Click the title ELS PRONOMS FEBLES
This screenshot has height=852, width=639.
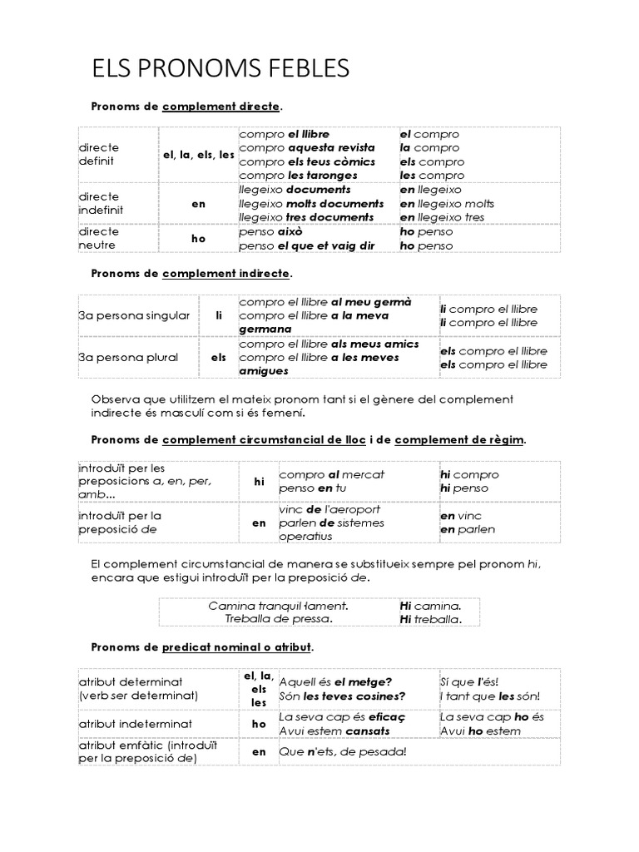(x=220, y=68)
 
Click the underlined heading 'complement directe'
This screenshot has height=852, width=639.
(x=221, y=106)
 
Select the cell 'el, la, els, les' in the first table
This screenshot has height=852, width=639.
(x=198, y=155)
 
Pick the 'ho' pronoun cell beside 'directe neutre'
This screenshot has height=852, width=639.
(x=198, y=239)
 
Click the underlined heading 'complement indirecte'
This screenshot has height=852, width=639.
(x=226, y=273)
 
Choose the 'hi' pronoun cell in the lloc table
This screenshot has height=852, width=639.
(x=259, y=481)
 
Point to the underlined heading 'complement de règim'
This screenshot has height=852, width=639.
(x=458, y=439)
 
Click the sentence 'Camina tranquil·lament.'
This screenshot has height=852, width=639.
(x=278, y=606)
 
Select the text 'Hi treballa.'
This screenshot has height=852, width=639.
(x=430, y=619)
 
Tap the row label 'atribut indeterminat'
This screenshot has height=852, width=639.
(x=136, y=724)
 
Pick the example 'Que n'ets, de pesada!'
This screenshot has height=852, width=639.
(x=342, y=752)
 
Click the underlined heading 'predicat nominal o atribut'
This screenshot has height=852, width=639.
(x=236, y=646)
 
